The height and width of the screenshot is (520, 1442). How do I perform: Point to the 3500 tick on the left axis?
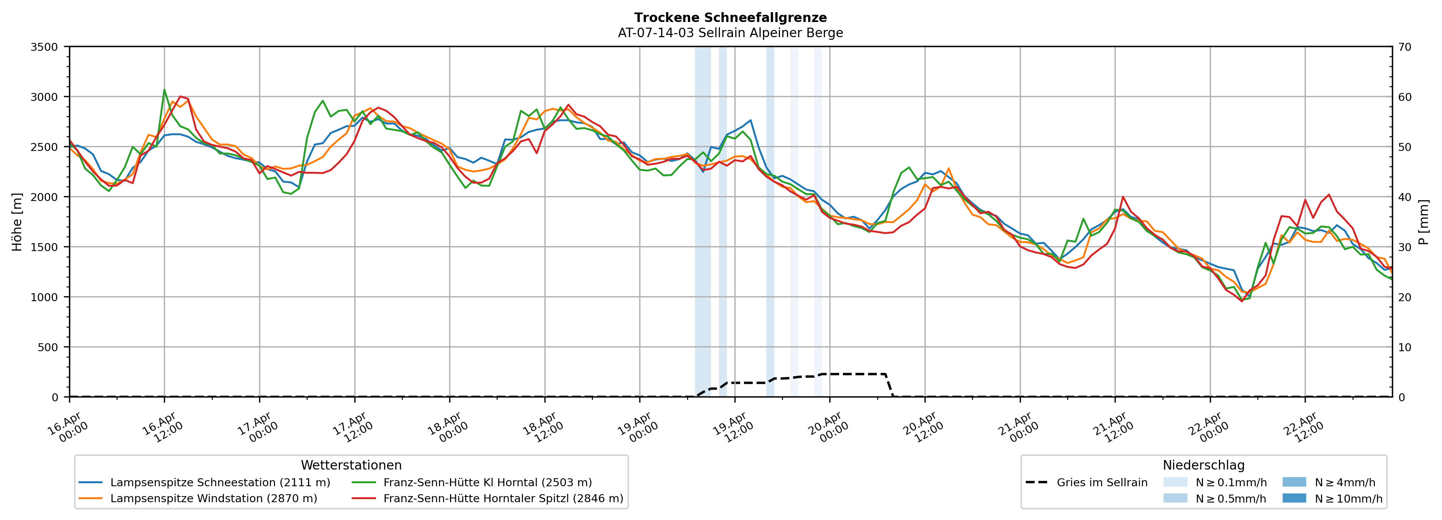(x=44, y=47)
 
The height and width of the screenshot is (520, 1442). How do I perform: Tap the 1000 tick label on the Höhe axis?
(x=44, y=297)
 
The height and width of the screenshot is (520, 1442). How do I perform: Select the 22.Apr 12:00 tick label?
(x=1304, y=428)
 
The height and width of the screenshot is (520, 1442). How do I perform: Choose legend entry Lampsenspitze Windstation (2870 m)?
(x=213, y=499)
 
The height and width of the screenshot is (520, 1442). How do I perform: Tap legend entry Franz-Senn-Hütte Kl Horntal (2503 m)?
(x=487, y=482)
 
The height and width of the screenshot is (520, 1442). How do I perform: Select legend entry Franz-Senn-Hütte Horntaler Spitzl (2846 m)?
(x=503, y=499)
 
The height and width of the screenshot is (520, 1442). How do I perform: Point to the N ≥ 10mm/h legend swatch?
(x=1294, y=498)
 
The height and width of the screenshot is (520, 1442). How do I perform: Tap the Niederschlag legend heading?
(x=1203, y=465)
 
